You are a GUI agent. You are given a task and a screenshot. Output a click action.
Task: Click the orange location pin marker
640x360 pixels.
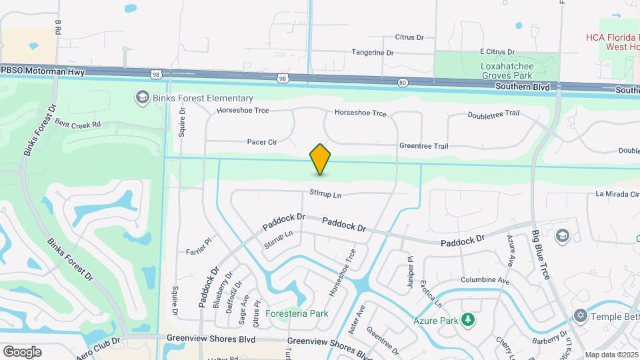click(320, 159)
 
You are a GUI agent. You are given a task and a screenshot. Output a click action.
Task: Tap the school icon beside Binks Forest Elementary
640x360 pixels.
click(141, 98)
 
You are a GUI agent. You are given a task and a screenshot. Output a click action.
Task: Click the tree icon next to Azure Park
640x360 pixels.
click(469, 321)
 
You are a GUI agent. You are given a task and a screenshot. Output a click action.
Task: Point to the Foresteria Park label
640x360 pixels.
click(297, 313)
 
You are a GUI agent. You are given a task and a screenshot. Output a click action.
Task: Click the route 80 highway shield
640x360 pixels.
click(402, 83)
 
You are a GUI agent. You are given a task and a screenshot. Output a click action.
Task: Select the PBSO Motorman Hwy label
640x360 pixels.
click(43, 71)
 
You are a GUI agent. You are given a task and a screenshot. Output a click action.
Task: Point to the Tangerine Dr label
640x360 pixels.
click(372, 52)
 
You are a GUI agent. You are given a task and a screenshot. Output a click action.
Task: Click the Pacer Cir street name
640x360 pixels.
click(261, 142)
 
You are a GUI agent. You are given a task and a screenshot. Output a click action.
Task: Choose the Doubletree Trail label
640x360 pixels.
click(493, 114)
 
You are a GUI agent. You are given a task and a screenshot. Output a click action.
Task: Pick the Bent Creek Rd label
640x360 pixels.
click(77, 124)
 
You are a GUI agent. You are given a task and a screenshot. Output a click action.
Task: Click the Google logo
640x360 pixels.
click(22, 351)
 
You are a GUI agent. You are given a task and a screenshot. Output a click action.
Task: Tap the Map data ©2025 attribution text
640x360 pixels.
click(611, 355)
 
